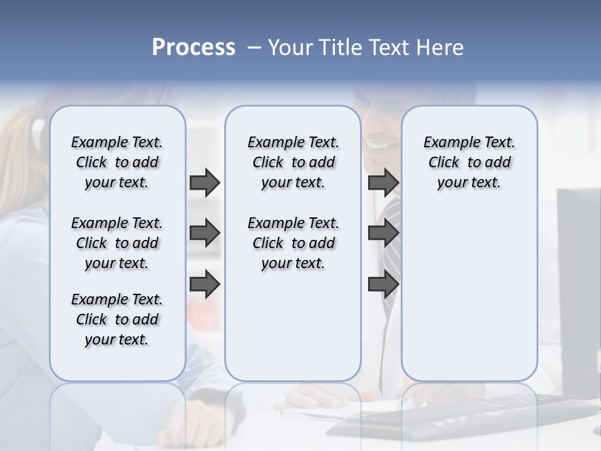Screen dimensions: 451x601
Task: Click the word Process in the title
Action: click(193, 48)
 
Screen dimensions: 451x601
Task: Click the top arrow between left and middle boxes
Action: click(205, 183)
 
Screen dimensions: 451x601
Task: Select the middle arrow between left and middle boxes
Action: click(205, 234)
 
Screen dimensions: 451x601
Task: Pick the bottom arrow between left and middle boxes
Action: click(205, 284)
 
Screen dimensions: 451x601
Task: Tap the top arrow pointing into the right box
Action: click(383, 183)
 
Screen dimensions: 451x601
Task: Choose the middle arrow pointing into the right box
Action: click(383, 234)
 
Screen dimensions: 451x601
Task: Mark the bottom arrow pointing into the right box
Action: click(383, 284)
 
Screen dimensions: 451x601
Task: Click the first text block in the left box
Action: click(117, 162)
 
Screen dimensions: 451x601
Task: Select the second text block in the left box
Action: click(117, 243)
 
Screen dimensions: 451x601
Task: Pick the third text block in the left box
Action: click(117, 319)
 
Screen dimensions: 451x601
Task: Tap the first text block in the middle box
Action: click(293, 162)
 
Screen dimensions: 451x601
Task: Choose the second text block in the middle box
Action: click(293, 243)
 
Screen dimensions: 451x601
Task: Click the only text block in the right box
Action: click(469, 162)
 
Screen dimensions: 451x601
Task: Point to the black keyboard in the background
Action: click(463, 413)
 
